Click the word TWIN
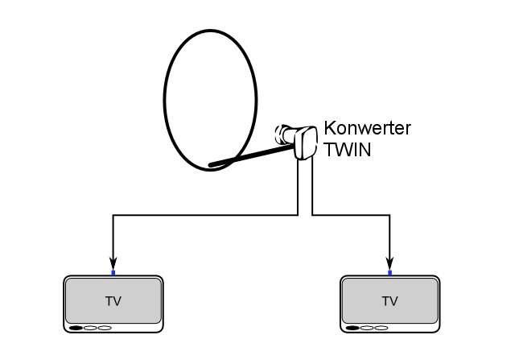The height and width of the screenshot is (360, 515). [348, 149]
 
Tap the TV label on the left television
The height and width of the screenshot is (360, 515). [113, 301]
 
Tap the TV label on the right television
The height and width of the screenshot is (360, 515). [390, 301]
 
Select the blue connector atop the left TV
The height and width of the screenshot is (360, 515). [113, 273]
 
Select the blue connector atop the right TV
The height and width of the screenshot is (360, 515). [390, 273]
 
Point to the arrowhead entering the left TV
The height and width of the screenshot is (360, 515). [113, 263]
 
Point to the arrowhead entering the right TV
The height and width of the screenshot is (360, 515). [390, 263]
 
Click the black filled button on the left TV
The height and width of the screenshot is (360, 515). [76, 328]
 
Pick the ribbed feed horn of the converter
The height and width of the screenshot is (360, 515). [283, 134]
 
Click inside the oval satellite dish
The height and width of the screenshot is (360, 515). [209, 97]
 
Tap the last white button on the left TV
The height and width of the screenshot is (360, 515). [105, 328]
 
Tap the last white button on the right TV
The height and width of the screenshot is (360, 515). [381, 328]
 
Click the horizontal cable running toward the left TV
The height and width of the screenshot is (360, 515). [201, 216]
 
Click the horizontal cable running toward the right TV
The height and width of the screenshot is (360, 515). [354, 216]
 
